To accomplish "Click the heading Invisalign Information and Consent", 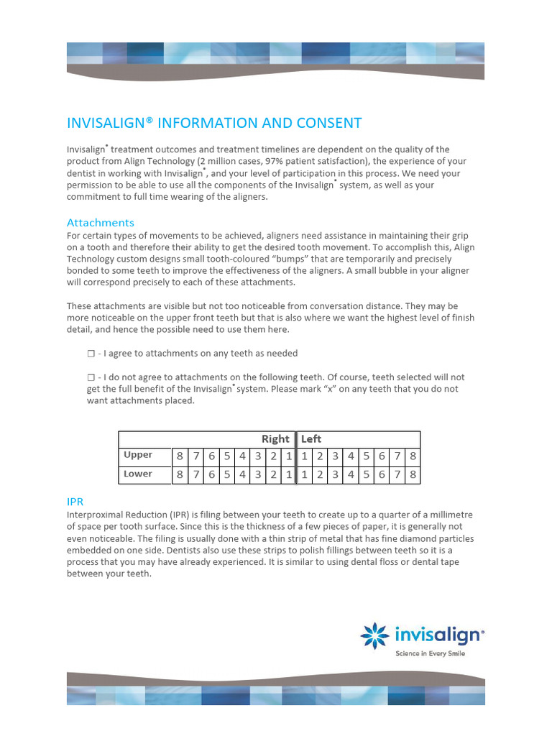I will [214, 123].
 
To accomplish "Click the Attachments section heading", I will [101, 222].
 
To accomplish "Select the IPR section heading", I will [75, 500].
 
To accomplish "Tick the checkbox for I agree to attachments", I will [91, 354].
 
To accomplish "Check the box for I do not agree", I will [91, 377].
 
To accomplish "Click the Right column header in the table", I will [275, 439].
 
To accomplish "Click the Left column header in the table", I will [311, 439].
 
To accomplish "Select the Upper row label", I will [138, 456].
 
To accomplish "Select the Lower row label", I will [138, 474].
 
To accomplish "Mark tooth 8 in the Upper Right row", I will [180, 456].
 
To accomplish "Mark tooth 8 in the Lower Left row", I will [413, 475].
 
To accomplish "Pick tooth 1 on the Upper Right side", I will [288, 456].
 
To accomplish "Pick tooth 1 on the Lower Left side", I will [304, 475].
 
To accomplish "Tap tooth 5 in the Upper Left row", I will [366, 456].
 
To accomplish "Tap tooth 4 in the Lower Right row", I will [241, 475].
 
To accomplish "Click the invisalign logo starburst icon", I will [374, 635].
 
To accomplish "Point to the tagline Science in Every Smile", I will [431, 653].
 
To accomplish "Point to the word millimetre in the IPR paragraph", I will [446, 515].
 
